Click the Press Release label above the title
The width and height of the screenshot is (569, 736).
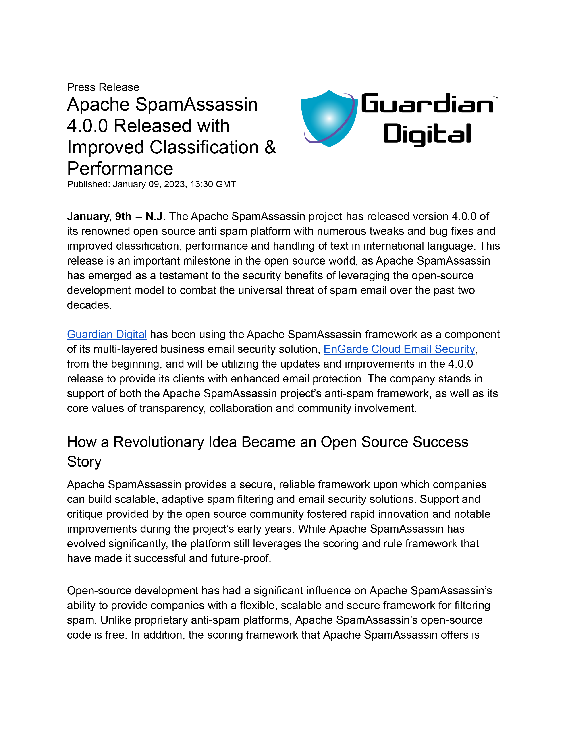(103, 87)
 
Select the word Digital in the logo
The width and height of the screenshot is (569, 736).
(427, 134)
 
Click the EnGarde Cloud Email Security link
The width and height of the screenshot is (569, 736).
(399, 349)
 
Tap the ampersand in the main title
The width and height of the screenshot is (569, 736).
(270, 147)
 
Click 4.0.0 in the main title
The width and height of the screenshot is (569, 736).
(87, 126)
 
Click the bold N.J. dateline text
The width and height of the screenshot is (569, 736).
(155, 216)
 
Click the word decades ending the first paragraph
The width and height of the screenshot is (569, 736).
(89, 305)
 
